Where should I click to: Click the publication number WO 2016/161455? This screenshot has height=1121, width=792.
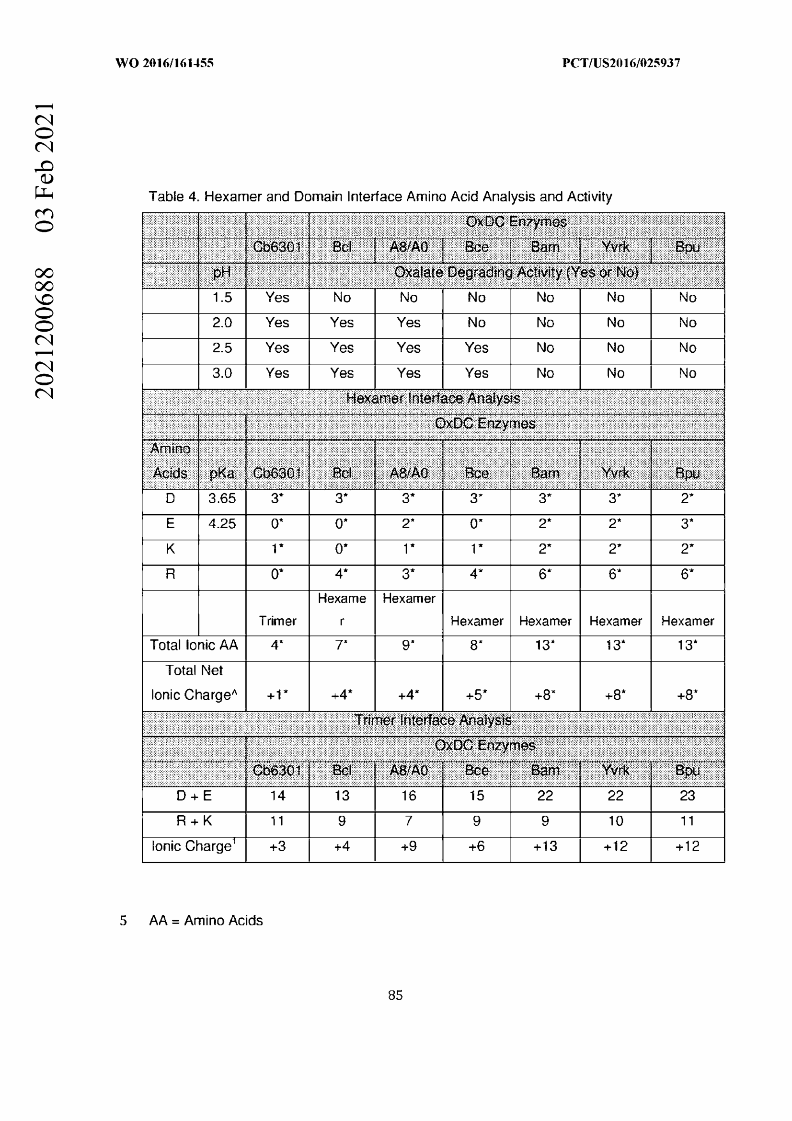[x=164, y=63]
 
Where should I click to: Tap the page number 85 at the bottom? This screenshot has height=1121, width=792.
[x=395, y=995]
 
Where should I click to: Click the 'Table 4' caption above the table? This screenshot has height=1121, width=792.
[x=379, y=196]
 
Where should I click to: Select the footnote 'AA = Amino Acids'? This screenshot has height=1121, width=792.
[x=206, y=920]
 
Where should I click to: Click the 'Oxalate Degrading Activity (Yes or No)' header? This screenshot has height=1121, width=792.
[x=516, y=272]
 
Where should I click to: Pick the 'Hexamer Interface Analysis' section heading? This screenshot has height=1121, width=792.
[x=432, y=398]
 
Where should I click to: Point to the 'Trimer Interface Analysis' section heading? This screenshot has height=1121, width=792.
[x=432, y=720]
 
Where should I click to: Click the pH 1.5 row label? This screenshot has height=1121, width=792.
[x=221, y=297]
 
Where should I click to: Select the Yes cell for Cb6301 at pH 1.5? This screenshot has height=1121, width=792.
[x=277, y=297]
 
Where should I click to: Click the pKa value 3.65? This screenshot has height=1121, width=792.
[x=221, y=498]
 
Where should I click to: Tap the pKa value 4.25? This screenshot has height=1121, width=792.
[x=221, y=524]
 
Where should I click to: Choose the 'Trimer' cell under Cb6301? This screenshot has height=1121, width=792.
[x=277, y=621]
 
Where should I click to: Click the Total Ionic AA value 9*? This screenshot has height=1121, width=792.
[x=408, y=646]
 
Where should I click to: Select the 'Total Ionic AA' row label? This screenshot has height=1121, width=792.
[x=194, y=646]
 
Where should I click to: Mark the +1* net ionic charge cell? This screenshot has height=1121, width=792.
[x=277, y=694]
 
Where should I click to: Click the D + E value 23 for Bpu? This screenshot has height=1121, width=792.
[x=687, y=796]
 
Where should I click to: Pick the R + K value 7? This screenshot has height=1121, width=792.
[x=408, y=821]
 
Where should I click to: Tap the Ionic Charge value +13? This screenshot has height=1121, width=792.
[x=545, y=846]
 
